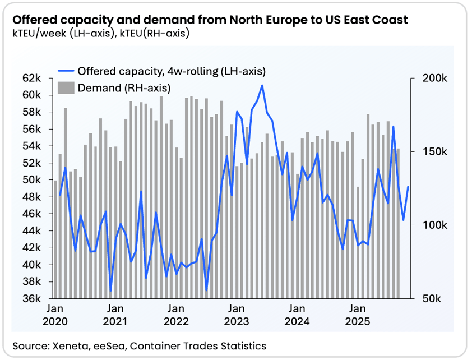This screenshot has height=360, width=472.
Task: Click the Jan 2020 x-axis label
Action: (55, 315)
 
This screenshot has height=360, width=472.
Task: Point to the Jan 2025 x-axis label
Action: (358, 315)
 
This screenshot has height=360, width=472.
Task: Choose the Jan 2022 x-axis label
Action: (176, 315)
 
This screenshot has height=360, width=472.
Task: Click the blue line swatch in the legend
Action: (66, 71)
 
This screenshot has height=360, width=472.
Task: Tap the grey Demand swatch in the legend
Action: (66, 87)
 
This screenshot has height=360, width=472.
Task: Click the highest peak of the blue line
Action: (262, 86)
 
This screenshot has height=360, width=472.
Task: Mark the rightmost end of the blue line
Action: (408, 187)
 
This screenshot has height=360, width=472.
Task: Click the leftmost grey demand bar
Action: (55, 239)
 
